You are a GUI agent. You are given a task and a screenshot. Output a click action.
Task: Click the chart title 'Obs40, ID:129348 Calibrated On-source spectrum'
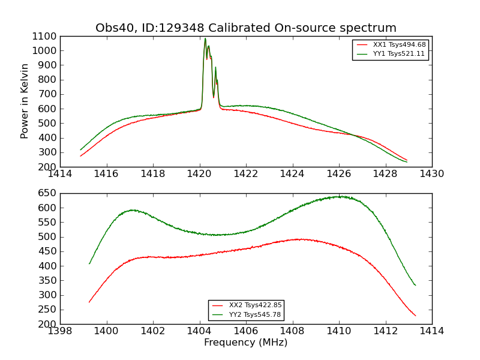tap(246, 28)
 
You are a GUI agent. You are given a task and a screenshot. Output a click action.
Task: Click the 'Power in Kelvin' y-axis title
tap(25, 101)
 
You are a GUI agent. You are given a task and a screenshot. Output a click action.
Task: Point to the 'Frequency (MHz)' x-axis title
tap(246, 343)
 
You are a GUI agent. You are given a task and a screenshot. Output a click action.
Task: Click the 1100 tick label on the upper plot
tap(45, 36)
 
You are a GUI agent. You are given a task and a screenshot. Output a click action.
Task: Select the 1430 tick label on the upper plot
tap(432, 174)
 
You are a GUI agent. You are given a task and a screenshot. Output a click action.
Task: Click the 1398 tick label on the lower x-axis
tap(60, 331)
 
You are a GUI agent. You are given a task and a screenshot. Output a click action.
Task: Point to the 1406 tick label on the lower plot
tap(246, 331)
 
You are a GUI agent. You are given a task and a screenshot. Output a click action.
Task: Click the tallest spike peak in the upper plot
tap(205, 39)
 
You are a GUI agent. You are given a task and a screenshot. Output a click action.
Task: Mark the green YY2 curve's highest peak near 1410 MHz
tap(340, 196)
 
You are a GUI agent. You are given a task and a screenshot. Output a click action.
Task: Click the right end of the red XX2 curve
tap(416, 316)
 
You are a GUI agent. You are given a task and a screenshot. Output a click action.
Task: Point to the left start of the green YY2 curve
tap(89, 263)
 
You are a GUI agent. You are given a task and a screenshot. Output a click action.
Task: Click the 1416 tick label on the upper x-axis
tap(107, 174)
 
